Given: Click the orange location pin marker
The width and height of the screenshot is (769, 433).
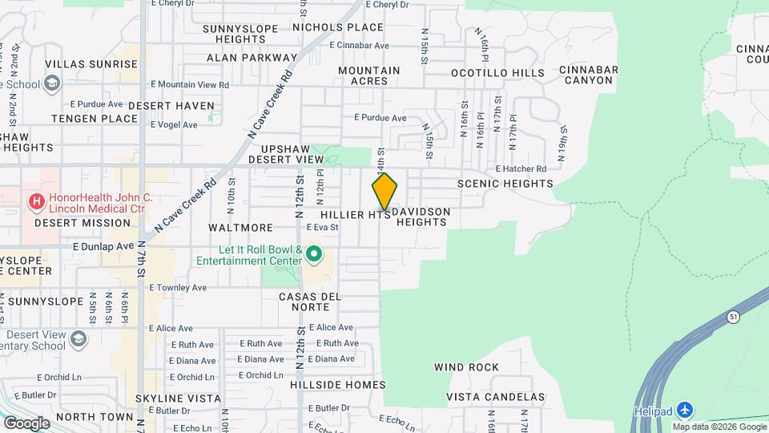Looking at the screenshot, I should (384, 192).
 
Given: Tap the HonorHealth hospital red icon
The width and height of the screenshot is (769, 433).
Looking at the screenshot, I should (36, 203).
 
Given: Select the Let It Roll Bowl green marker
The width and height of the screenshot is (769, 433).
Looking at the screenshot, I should (315, 255).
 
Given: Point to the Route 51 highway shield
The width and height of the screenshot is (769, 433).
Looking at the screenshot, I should (733, 318).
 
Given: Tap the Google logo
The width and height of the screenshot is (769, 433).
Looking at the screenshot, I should (26, 423).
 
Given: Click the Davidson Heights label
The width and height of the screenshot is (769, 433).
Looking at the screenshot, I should (421, 216).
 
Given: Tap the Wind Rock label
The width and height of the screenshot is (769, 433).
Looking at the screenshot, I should (466, 367).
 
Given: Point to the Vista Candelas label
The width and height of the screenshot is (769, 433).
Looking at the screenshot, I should (495, 397).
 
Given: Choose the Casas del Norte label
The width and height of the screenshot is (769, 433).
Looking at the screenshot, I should (310, 301).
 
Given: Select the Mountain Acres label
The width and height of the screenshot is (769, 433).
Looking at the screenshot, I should (368, 75).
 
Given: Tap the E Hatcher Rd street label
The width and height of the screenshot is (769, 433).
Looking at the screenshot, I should (521, 169).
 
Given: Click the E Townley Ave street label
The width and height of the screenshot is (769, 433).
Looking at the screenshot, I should (177, 287).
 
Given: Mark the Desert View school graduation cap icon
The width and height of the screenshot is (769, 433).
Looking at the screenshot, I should (79, 338).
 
